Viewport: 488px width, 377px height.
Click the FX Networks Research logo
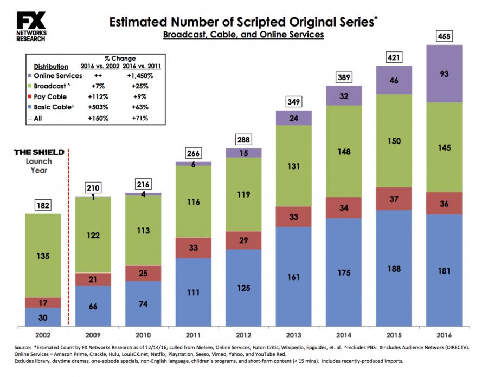[31, 26]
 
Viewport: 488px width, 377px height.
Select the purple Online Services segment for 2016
[444, 73]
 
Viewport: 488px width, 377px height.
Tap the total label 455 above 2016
[444, 37]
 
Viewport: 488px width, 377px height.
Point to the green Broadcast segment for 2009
[93, 235]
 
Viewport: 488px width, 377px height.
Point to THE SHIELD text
[39, 152]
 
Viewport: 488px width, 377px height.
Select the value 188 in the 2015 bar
[394, 269]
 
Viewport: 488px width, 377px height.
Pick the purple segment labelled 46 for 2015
[394, 80]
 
